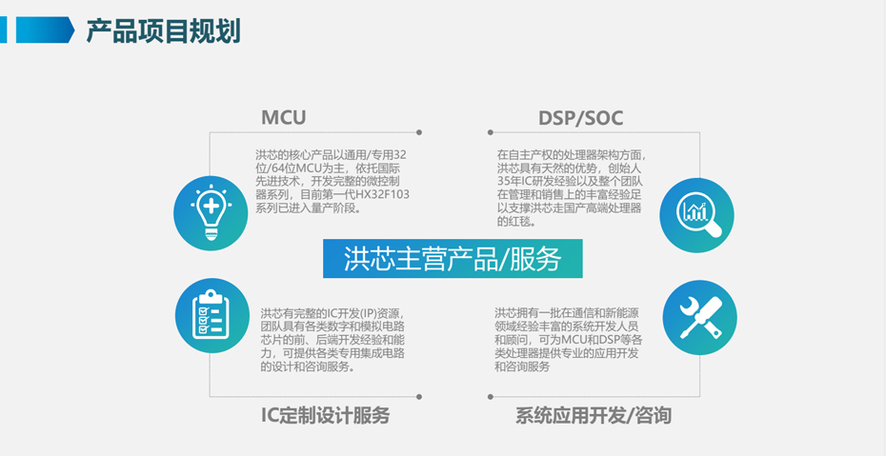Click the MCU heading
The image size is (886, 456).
[x=283, y=118]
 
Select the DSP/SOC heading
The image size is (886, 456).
[x=580, y=118]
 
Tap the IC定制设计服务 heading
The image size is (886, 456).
[x=325, y=416]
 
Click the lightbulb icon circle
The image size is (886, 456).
[x=210, y=214]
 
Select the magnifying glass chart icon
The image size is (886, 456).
[x=696, y=214]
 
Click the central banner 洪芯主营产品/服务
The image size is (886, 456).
[x=452, y=258]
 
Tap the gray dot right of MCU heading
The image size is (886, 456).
[x=419, y=132]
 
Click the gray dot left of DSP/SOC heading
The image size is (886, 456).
[x=490, y=132]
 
